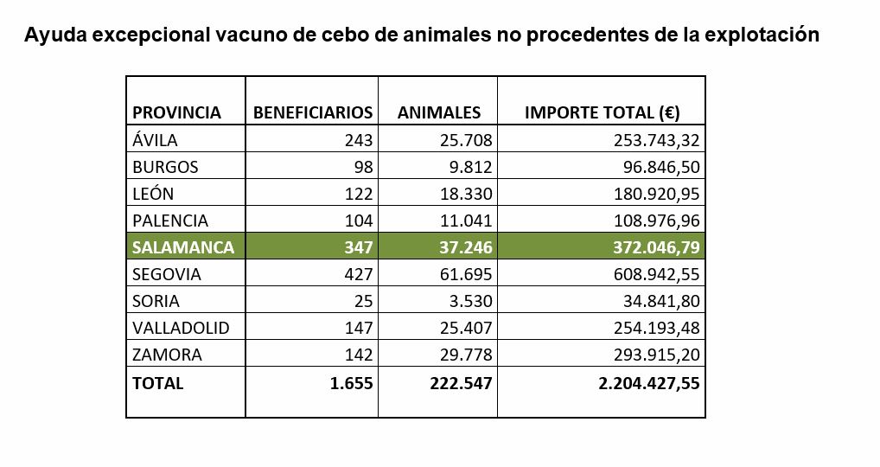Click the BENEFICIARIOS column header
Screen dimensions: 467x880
click(312, 112)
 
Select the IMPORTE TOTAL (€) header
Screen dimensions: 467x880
click(603, 112)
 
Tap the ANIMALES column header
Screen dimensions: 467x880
click(438, 112)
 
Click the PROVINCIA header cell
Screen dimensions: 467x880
click(176, 112)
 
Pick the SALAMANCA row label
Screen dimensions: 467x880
click(182, 247)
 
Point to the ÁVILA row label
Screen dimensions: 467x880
click(156, 140)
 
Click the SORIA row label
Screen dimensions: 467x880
click(156, 301)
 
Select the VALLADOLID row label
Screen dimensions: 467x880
click(176, 328)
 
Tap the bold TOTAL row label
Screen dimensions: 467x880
click(157, 383)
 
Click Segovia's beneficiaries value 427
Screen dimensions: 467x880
click(359, 274)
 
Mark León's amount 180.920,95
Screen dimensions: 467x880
click(654, 194)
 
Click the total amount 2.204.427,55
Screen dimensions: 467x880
click(648, 383)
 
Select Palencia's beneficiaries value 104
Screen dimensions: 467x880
click(359, 221)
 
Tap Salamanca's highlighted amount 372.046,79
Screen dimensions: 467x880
click(654, 247)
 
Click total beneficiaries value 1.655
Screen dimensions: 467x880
click(352, 383)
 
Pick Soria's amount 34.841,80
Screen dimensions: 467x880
click(659, 301)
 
